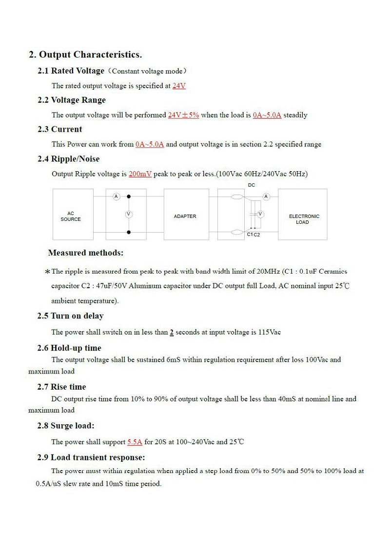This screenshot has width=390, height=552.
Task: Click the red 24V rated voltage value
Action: [179, 86]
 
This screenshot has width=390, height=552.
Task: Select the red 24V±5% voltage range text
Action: [183, 115]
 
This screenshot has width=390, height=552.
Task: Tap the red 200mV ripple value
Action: [140, 174]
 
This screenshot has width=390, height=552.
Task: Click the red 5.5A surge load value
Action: [135, 442]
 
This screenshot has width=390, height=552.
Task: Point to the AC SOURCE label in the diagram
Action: [71, 217]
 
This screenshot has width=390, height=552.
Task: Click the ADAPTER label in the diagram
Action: [185, 216]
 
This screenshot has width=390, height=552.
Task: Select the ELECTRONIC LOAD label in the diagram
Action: [304, 219]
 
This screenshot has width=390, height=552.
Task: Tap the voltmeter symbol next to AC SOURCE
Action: [129, 214]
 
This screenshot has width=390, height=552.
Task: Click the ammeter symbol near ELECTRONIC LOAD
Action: [266, 197]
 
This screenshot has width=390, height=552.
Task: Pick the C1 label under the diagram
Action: [250, 235]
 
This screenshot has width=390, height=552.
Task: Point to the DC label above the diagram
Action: [252, 185]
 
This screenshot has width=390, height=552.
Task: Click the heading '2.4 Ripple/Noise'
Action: [68, 158]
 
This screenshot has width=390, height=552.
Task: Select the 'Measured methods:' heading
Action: [86, 253]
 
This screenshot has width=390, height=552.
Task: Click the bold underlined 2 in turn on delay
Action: [172, 333]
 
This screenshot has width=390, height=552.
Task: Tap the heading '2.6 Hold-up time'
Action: [69, 348]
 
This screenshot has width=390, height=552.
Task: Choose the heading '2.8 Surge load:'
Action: [66, 426]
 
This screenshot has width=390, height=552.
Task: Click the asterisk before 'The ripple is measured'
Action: [47, 272]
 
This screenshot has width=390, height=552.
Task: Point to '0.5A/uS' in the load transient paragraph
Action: [48, 484]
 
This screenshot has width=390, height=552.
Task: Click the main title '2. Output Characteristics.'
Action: [85, 54]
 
